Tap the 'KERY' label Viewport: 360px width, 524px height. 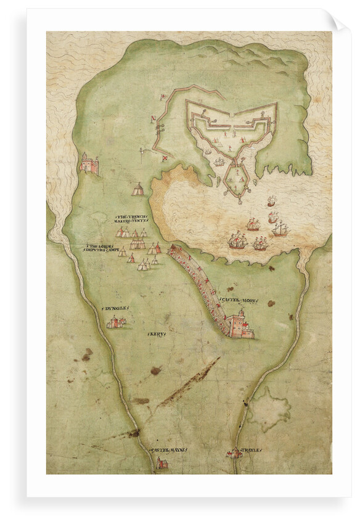pyautogui.click(x=157, y=334)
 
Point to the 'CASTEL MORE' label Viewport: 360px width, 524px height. pyautogui.click(x=237, y=299)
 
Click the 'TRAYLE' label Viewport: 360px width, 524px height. pyautogui.click(x=252, y=450)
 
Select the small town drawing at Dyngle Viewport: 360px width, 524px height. pyautogui.click(x=117, y=322)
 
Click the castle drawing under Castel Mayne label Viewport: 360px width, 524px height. pyautogui.click(x=162, y=462)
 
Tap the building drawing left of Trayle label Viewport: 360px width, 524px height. pyautogui.click(x=234, y=454)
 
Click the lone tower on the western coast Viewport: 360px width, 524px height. pyautogui.click(x=89, y=163)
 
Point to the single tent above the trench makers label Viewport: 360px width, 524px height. pyautogui.click(x=138, y=189)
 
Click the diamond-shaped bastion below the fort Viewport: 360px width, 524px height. pyautogui.click(x=237, y=181)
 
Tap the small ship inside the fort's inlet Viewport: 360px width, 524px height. pyautogui.click(x=219, y=162)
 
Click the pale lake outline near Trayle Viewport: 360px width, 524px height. pyautogui.click(x=268, y=408)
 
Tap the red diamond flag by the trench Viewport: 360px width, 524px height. pyautogui.click(x=165, y=158)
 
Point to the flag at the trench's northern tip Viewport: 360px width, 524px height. pyautogui.click(x=162, y=97)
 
